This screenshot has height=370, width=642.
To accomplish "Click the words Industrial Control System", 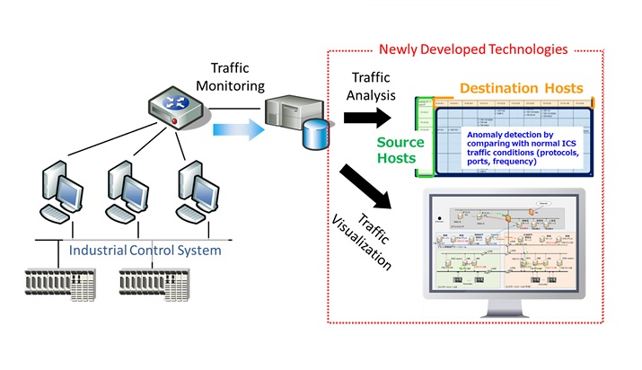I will [x=145, y=250].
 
